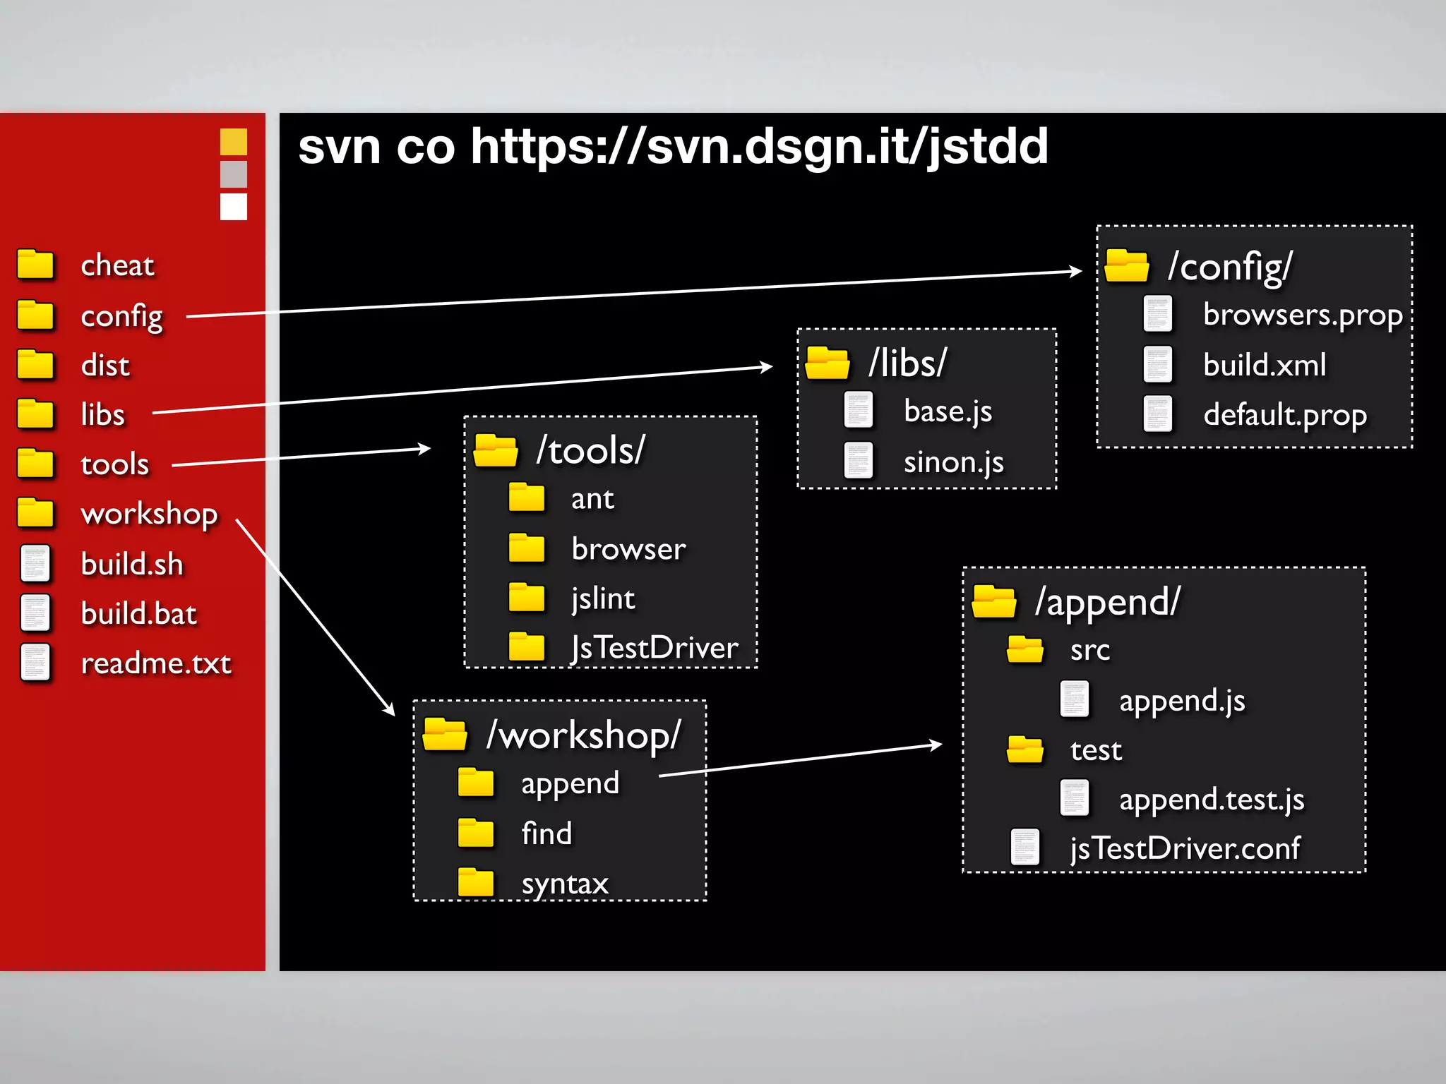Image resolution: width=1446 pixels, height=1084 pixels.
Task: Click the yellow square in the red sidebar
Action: pos(234,142)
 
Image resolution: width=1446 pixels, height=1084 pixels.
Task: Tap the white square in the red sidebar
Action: pos(234,207)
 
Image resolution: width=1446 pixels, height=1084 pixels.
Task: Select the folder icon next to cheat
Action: pos(35,265)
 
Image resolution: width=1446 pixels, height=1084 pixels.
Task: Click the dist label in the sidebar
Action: pos(105,366)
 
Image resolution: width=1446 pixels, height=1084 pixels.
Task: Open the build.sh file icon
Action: pos(35,563)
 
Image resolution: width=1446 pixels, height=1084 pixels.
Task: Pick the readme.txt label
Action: pos(156,663)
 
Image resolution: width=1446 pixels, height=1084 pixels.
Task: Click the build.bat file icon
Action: pos(35,613)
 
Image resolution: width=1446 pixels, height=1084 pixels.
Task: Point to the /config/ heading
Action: pos(1230,267)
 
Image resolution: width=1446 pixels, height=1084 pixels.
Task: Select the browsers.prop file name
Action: pos(1302,315)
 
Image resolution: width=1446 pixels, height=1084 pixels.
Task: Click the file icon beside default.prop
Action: pos(1157,414)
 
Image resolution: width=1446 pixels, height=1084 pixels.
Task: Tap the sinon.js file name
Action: pos(953,462)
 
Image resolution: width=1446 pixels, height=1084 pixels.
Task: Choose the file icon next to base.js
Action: pos(859,410)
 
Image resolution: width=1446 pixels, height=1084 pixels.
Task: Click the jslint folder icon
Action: pos(527,598)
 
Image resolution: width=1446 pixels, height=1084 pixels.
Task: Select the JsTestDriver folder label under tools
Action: pos(655,648)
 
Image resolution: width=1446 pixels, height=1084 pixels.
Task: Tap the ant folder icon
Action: pos(527,498)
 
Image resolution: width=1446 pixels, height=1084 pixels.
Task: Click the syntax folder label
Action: pos(565,884)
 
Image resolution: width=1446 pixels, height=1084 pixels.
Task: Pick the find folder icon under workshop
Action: pos(476,833)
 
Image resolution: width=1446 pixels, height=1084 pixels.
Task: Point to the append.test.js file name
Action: pos(1212,800)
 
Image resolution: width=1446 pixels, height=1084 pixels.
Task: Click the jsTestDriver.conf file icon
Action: pos(1024,847)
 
